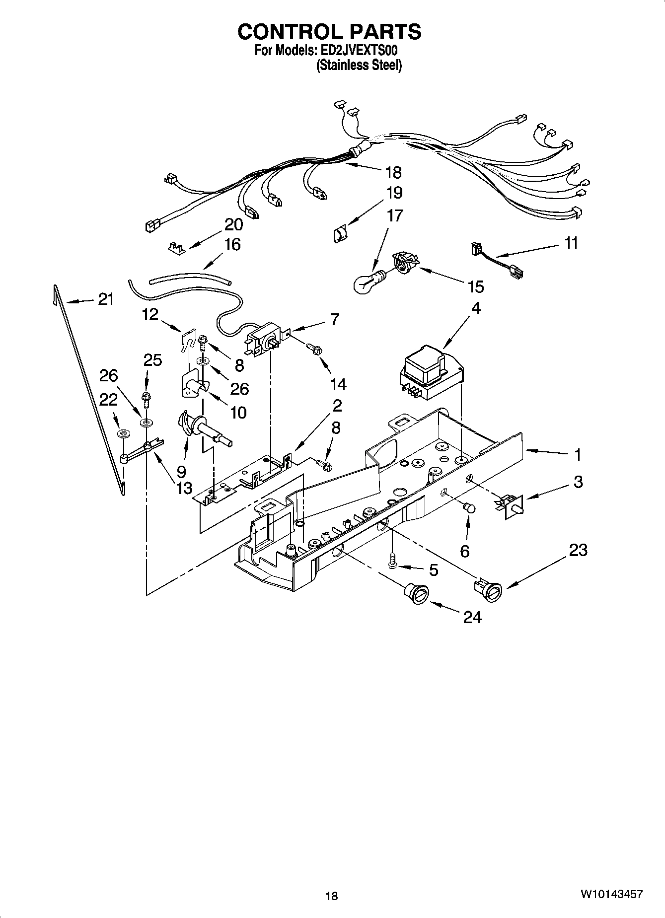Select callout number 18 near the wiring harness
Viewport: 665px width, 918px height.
393,172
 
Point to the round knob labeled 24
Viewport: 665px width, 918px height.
416,593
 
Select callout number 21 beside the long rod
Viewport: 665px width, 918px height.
105,299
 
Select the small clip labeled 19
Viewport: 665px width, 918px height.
340,233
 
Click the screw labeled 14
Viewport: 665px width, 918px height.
313,350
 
